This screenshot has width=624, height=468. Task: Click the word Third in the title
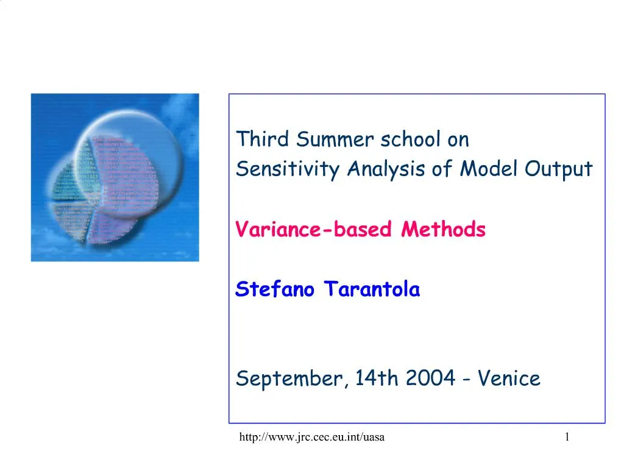point(262,139)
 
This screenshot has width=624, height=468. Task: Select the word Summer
point(335,139)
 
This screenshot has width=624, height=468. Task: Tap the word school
point(411,139)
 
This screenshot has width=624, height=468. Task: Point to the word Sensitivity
point(288,169)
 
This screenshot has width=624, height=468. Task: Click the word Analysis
point(386,169)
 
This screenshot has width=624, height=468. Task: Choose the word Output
point(559,169)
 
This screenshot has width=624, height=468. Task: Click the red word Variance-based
point(314,229)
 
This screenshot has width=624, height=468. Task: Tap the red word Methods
point(444,229)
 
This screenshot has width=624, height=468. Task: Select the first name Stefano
point(275,289)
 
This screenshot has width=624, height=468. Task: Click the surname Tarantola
point(372,289)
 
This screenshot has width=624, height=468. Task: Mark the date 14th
point(377,378)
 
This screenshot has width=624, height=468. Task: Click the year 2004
point(431,378)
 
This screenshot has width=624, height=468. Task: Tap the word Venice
point(509,378)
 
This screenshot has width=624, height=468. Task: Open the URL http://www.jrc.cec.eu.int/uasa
point(312,437)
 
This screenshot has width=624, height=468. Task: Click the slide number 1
point(567,437)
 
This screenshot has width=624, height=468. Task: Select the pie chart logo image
point(115,177)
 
